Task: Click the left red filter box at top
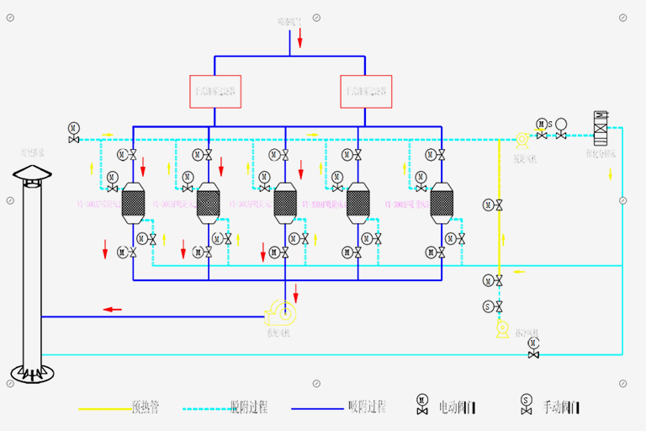coord(215,92)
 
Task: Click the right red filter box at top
coord(366,92)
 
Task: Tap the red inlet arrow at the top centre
coord(300,38)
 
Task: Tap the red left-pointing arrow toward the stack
coord(112,310)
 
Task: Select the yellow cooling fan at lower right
coord(503,329)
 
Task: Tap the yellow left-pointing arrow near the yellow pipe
coord(519,271)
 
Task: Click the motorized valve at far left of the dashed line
coord(74,134)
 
